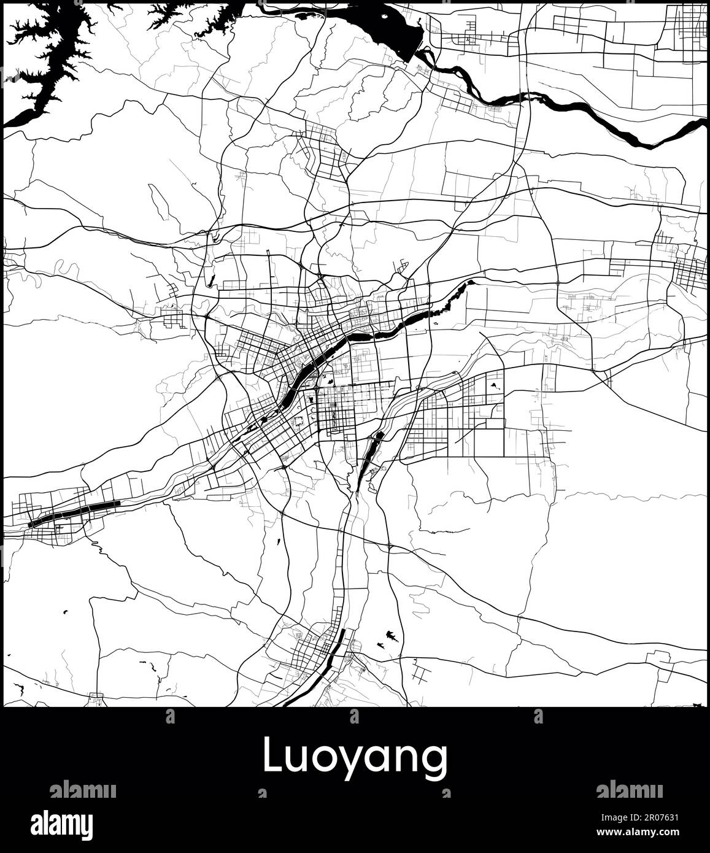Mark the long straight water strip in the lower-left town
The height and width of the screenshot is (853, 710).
pos(74,511)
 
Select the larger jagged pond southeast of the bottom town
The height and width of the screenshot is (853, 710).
pos(390,635)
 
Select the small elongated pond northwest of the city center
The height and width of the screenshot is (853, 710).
pos(212,281)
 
